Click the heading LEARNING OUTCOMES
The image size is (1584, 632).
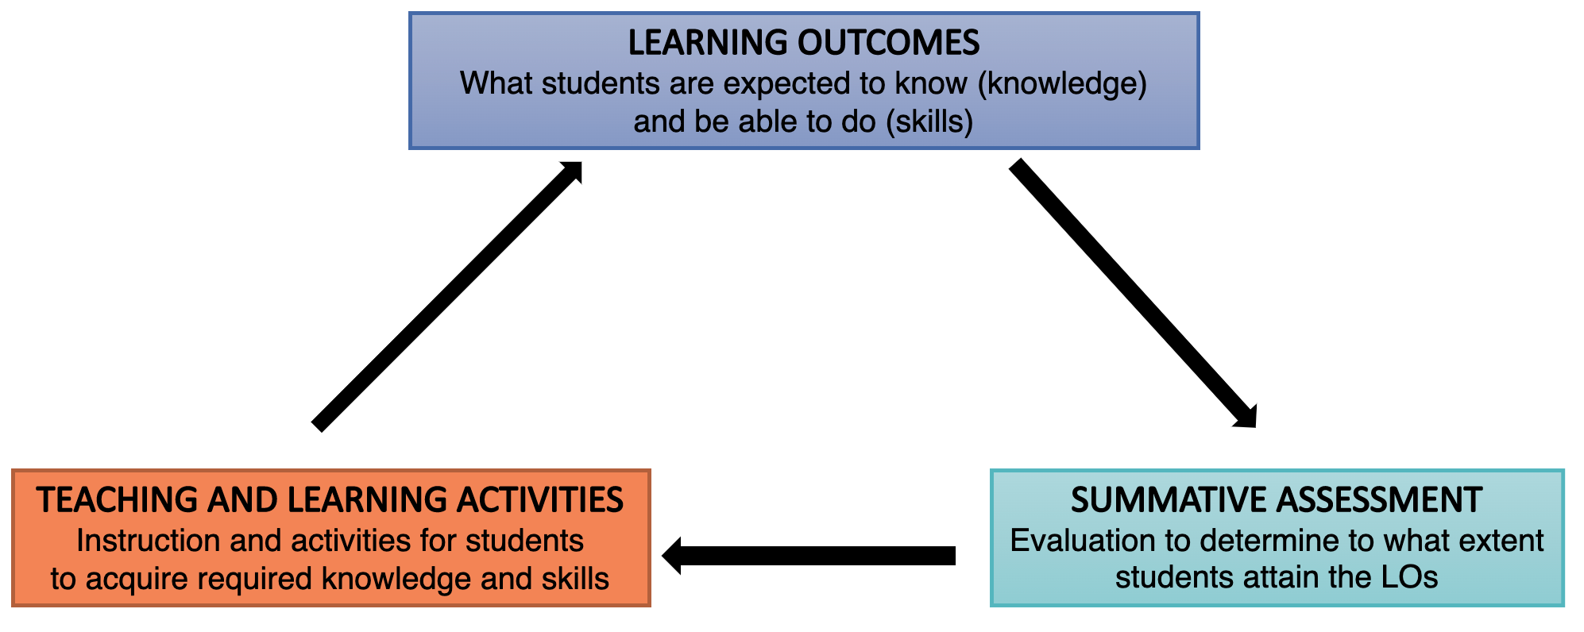(803, 43)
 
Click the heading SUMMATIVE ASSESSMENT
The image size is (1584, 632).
(1276, 500)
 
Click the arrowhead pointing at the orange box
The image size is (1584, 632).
(673, 555)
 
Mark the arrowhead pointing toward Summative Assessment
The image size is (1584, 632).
(1246, 415)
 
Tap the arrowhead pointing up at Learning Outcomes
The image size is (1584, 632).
(572, 172)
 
